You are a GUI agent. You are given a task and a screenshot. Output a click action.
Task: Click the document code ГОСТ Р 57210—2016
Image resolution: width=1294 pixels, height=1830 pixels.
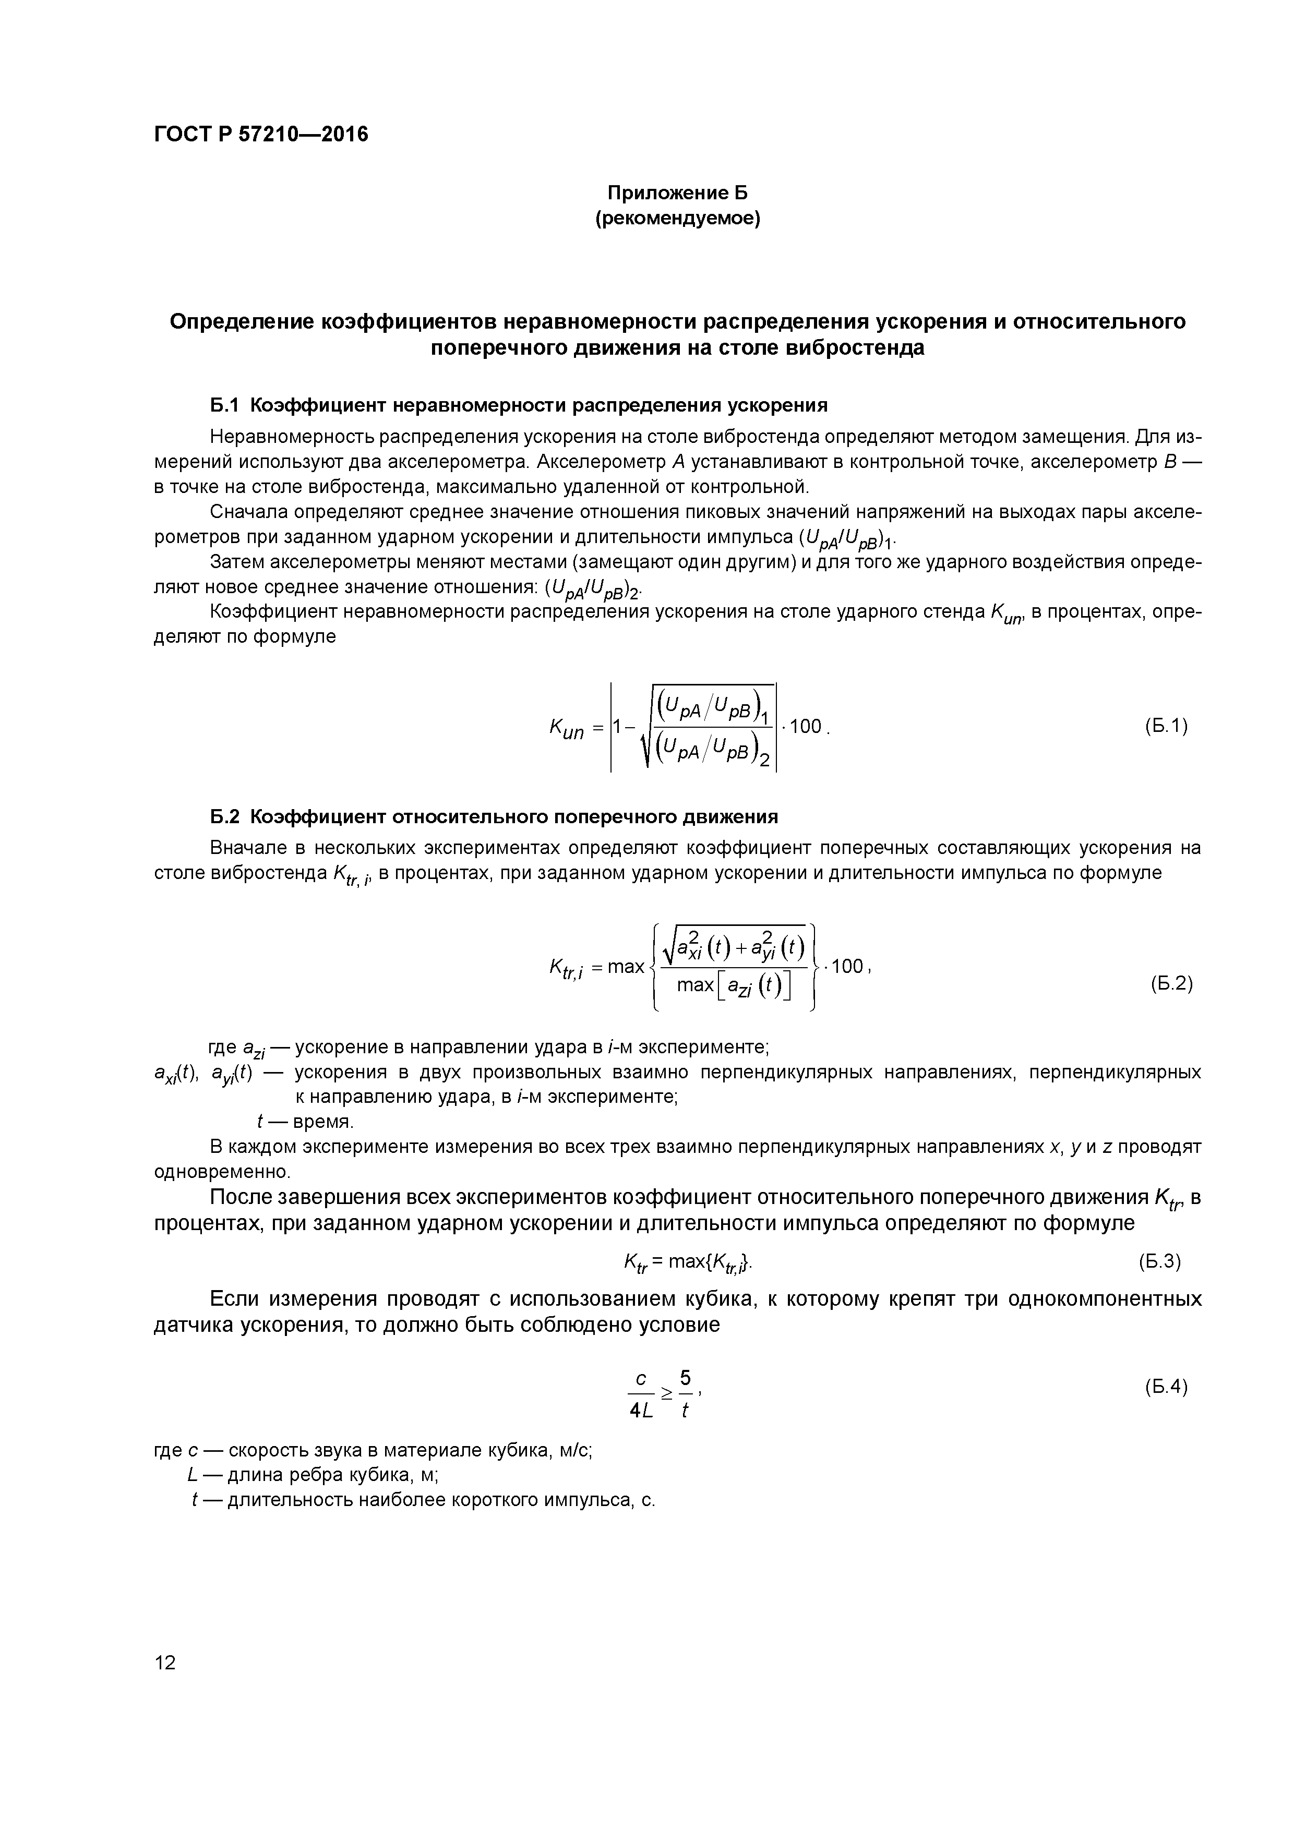point(261,135)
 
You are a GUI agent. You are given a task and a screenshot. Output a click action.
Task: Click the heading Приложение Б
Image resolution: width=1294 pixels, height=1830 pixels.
point(678,193)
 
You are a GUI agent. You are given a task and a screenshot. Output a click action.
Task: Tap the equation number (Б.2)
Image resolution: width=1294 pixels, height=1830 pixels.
point(1171,983)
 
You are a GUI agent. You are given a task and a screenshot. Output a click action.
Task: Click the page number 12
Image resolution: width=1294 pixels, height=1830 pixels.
point(165,1663)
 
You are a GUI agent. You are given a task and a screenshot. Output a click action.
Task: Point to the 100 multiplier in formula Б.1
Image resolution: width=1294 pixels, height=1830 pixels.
point(806,726)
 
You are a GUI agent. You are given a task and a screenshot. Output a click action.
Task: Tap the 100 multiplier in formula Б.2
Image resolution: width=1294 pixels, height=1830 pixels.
point(847,967)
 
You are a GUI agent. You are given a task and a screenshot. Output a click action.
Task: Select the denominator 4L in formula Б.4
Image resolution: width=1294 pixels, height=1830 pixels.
point(641,1410)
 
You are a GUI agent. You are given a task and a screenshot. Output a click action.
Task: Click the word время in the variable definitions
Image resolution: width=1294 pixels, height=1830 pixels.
point(322,1122)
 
